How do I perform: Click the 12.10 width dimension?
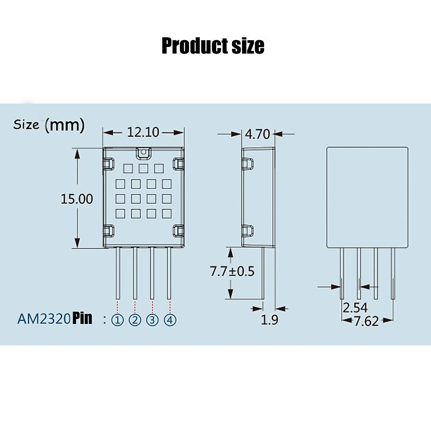pyautogui.click(x=143, y=132)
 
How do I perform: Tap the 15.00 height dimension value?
pyautogui.click(x=77, y=199)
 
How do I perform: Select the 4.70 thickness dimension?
pyautogui.click(x=257, y=134)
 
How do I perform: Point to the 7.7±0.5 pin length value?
pyautogui.click(x=232, y=271)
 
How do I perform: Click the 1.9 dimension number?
pyautogui.click(x=269, y=319)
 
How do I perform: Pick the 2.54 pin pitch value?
pyautogui.click(x=355, y=308)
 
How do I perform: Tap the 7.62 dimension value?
pyautogui.click(x=366, y=321)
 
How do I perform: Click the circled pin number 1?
pyautogui.click(x=117, y=320)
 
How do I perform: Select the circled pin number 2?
pyautogui.click(x=135, y=320)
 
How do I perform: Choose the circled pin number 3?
pyautogui.click(x=152, y=320)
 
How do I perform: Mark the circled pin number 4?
pyautogui.click(x=170, y=320)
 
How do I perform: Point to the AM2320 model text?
pyautogui.click(x=43, y=319)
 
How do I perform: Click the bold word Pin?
pyautogui.click(x=82, y=318)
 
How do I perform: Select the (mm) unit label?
pyautogui.click(x=65, y=125)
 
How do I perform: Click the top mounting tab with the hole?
pyautogui.click(x=144, y=153)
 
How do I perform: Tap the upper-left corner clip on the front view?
pyautogui.click(x=109, y=164)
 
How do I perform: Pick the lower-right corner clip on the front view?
pyautogui.click(x=179, y=231)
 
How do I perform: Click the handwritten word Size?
pyautogui.click(x=26, y=125)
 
